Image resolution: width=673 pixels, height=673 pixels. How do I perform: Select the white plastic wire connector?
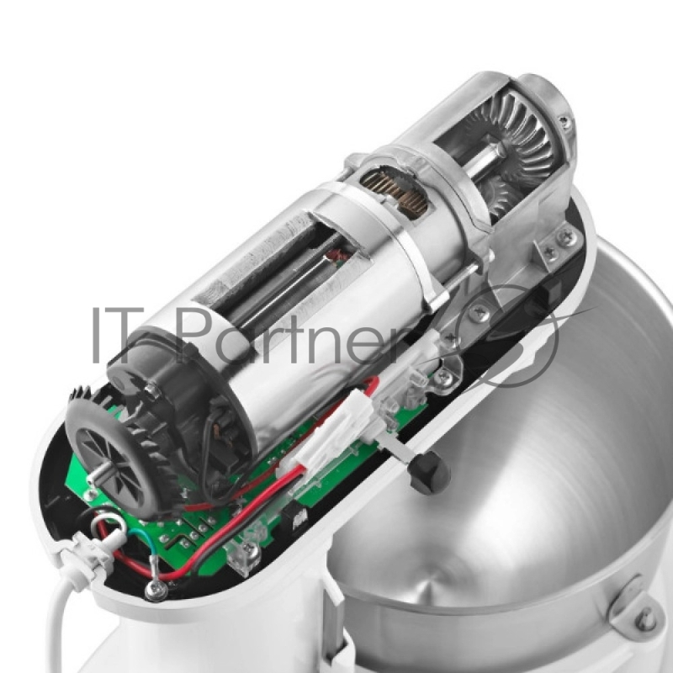click(x=331, y=433)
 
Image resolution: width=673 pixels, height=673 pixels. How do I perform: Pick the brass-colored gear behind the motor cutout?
click(x=394, y=188)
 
